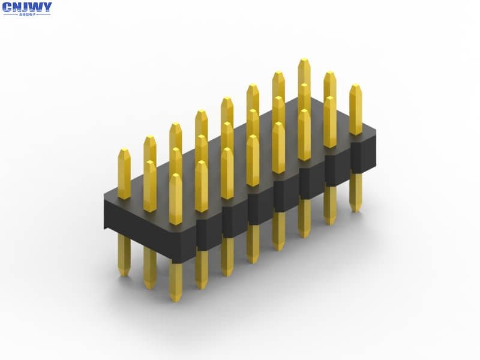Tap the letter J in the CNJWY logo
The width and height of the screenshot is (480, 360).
point(27,8)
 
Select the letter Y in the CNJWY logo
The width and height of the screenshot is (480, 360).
point(47,8)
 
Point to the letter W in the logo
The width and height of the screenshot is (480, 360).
point(37,8)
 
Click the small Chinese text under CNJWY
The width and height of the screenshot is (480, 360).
point(27,14)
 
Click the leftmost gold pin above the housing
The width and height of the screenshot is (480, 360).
point(124,174)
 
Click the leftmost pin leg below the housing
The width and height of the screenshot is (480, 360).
point(124,255)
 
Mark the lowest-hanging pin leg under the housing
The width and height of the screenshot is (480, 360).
point(175,282)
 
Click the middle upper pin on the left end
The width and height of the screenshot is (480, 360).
point(150,186)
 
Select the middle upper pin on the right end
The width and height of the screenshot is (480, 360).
point(330,123)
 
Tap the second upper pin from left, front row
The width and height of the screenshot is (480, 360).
point(202,187)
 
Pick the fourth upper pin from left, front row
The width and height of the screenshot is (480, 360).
point(253,161)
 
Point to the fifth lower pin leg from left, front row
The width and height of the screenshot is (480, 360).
point(278,230)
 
